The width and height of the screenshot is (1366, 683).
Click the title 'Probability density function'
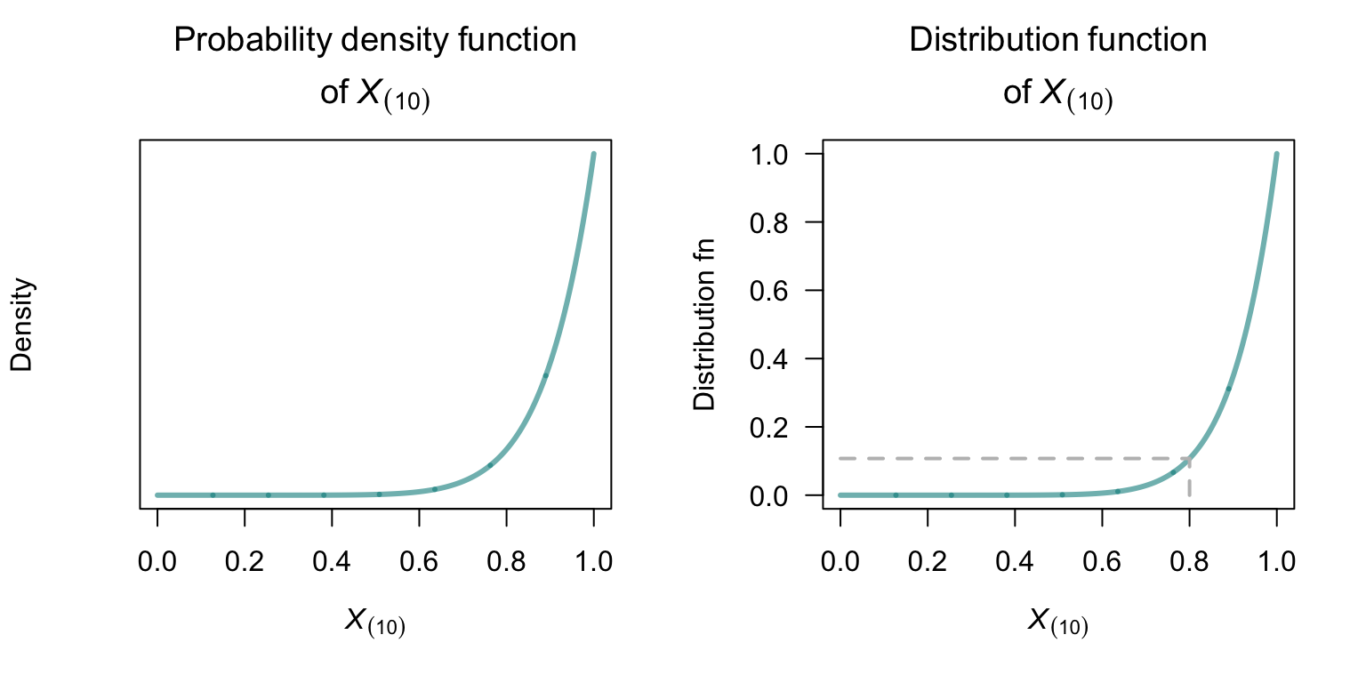(x=374, y=41)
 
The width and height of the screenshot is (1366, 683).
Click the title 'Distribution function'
(x=1057, y=41)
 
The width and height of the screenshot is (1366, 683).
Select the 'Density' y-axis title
(x=22, y=325)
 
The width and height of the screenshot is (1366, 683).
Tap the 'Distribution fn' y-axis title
(x=705, y=325)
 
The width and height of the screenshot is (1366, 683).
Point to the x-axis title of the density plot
(x=374, y=623)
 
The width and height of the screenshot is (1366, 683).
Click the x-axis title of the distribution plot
(x=1057, y=623)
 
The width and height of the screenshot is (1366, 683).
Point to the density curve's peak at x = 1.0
(x=593, y=155)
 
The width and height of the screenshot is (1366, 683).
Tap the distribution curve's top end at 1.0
(x=1276, y=155)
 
